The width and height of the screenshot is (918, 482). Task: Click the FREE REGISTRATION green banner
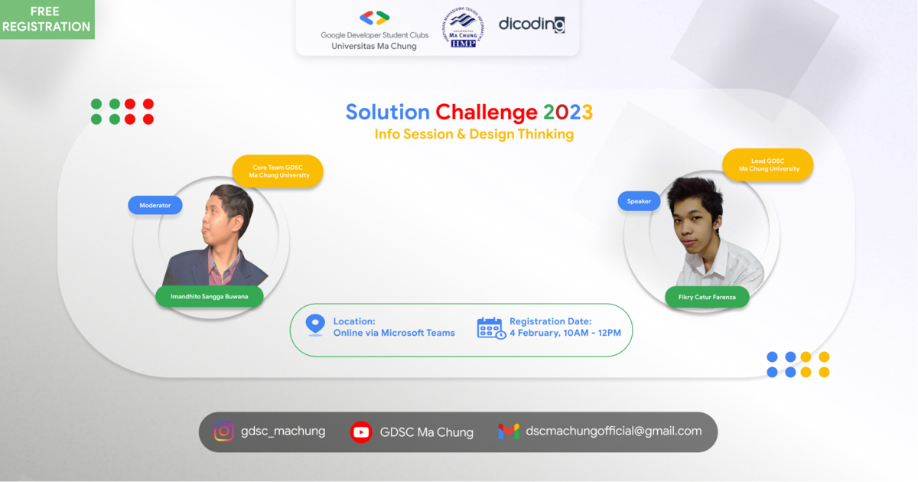tap(46, 19)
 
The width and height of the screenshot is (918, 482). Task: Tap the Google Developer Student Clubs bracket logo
tap(374, 18)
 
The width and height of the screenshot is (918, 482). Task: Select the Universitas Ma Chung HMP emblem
tap(464, 28)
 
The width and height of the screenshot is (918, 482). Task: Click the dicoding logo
tap(532, 24)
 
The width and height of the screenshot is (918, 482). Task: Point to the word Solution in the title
tap(387, 112)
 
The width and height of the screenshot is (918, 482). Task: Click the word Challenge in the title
tap(487, 112)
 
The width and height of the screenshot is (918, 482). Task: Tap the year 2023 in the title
tap(568, 112)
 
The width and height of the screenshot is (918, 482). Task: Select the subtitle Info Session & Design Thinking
tap(474, 135)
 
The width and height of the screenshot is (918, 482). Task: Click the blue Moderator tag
tap(155, 205)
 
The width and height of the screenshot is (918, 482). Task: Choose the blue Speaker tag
tap(639, 200)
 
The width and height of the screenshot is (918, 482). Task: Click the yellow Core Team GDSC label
tap(278, 171)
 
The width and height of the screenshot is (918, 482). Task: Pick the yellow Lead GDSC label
tap(768, 164)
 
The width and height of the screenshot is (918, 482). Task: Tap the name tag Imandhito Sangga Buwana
tap(210, 296)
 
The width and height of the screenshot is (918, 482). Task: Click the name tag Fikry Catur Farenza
tap(707, 296)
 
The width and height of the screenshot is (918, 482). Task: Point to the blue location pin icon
tap(315, 325)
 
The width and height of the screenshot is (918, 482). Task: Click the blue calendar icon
tap(490, 327)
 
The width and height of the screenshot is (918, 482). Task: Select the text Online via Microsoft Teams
tap(394, 333)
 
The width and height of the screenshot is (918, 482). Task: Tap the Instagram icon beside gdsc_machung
tap(224, 432)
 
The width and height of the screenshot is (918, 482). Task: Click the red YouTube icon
tap(361, 432)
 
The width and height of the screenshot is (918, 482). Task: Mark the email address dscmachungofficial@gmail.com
tap(614, 432)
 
